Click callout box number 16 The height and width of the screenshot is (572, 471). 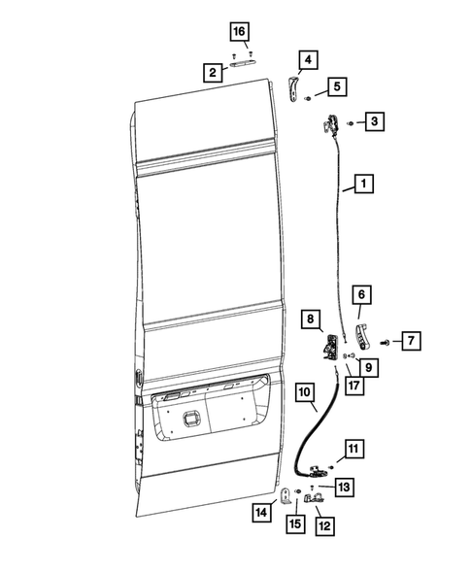[x=239, y=32]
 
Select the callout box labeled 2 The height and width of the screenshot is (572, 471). [x=210, y=71]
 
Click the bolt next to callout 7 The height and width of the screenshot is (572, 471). [x=387, y=343]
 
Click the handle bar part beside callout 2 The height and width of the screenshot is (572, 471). [x=244, y=66]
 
